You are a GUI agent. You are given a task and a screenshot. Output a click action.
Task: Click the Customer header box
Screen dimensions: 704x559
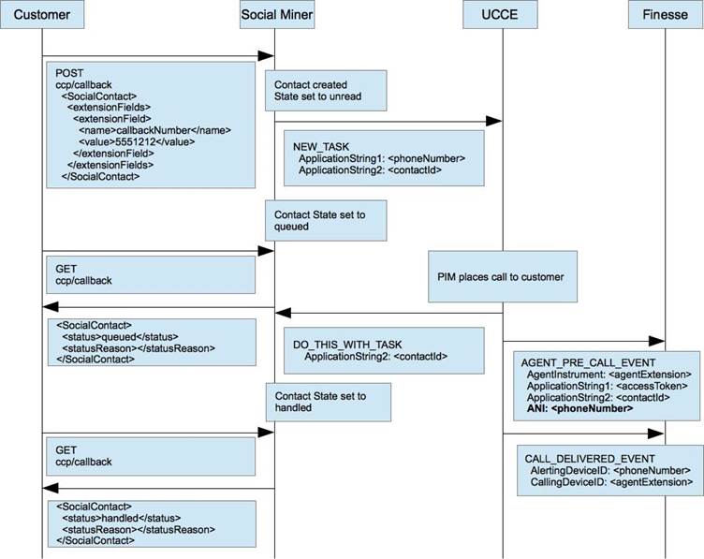[x=42, y=14]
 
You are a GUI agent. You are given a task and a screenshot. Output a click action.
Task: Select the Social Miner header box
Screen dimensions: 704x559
[x=276, y=14]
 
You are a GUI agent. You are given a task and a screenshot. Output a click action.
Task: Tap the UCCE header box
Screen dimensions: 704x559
[x=500, y=14]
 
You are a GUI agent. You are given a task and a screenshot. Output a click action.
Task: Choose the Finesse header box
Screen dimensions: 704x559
[x=666, y=14]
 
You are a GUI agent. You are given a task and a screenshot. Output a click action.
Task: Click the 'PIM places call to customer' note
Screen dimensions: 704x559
[x=503, y=276]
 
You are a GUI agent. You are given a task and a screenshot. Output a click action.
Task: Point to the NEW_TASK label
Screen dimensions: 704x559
[x=321, y=147]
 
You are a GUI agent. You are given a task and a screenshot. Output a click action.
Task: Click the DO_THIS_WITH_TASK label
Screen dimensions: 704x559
[x=347, y=345]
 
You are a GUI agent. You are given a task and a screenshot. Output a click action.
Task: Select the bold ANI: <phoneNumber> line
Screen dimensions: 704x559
[x=579, y=408]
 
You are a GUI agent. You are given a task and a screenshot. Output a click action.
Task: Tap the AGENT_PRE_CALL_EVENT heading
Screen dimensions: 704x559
[x=588, y=362]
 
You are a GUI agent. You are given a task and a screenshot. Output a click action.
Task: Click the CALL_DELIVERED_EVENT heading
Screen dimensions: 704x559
[x=590, y=459]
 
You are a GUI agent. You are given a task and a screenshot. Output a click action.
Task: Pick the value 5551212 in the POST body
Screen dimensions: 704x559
[x=136, y=142]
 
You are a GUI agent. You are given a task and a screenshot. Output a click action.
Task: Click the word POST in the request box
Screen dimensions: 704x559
[x=69, y=73]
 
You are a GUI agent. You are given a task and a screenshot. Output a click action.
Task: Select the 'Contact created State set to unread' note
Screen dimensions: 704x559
[x=326, y=90]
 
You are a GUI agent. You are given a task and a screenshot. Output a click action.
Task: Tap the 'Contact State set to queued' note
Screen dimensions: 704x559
[x=326, y=220]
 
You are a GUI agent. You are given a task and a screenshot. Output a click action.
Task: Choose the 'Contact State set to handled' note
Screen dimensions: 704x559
[x=329, y=402]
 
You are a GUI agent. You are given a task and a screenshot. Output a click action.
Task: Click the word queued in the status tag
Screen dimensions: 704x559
[x=119, y=337]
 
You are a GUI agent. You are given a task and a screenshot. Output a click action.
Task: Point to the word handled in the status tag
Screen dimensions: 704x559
[x=120, y=518]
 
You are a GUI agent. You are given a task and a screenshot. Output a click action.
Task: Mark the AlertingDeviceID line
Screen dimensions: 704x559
[x=610, y=471]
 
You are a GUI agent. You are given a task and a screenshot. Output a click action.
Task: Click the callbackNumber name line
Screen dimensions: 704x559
[x=154, y=130]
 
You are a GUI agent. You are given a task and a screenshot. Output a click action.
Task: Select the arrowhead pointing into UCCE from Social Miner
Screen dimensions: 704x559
[x=494, y=121]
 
